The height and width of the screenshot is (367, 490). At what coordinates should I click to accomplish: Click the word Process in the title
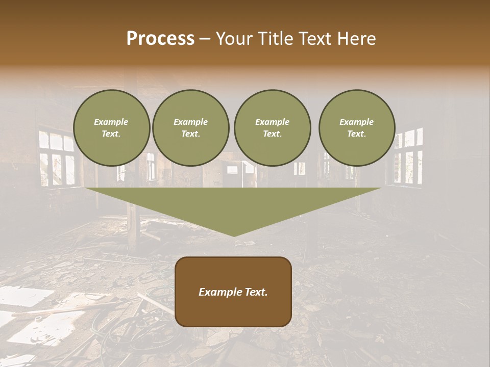[x=160, y=39]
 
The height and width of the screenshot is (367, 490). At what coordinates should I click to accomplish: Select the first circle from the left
[x=112, y=128]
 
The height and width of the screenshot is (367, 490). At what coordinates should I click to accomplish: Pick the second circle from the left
[x=191, y=128]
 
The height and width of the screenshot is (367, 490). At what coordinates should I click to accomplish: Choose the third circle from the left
[x=272, y=128]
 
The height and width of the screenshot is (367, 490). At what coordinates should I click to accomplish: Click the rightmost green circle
[x=357, y=128]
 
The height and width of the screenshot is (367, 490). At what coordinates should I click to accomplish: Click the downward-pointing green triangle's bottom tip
[x=234, y=235]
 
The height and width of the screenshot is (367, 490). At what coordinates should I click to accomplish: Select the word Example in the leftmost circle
[x=111, y=122]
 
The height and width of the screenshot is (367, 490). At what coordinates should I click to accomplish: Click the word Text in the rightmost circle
[x=356, y=134]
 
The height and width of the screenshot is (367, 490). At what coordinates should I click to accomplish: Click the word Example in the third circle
[x=272, y=122]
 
